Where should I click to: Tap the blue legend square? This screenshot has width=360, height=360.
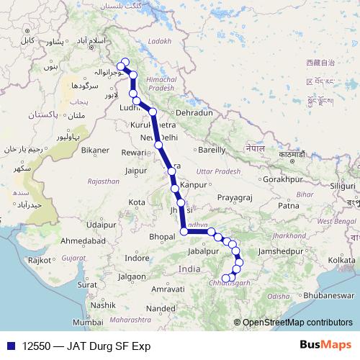click(x=10, y=346)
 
